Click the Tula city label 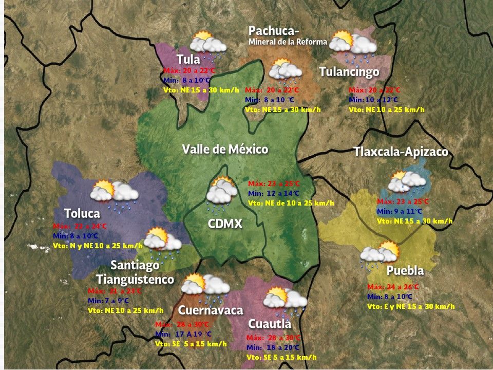[x=188, y=59]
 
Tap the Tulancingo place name [x=349, y=72]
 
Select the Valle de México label [x=225, y=150]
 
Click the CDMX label [x=225, y=224]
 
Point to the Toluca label [x=82, y=213]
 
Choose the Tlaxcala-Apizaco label [x=401, y=152]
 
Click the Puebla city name [x=405, y=271]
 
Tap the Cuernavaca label [x=210, y=310]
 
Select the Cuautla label [x=270, y=324]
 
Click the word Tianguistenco [x=135, y=280]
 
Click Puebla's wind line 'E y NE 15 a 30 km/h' [x=411, y=306]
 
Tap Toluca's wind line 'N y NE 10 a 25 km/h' [x=98, y=246]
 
